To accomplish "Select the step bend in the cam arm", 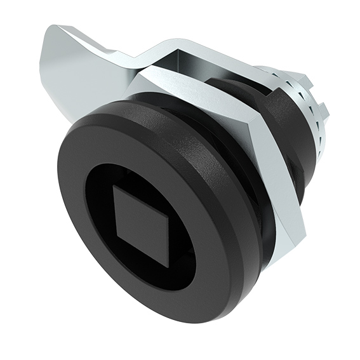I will pyautogui.click(x=143, y=57).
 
